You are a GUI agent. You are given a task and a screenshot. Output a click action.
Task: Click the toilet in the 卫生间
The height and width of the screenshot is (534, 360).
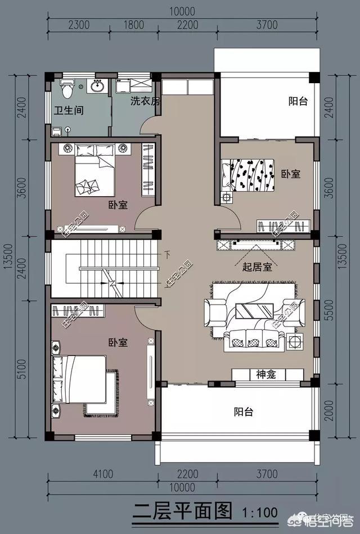pyautogui.click(x=67, y=88)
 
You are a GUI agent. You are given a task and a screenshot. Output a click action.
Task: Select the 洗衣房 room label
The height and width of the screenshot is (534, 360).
pyautogui.click(x=145, y=101)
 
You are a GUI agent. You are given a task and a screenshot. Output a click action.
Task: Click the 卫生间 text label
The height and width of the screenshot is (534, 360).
pyautogui.click(x=69, y=111)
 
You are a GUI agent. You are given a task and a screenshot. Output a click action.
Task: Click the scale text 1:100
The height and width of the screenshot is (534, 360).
pyautogui.click(x=260, y=513)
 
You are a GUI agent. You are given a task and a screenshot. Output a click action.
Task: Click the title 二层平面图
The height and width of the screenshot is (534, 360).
pyautogui.click(x=182, y=512)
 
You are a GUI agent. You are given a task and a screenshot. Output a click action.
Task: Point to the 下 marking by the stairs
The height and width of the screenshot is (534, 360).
pyautogui.click(x=166, y=255)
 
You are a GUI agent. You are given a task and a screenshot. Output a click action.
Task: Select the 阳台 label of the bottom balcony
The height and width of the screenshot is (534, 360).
pyautogui.click(x=243, y=412)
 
